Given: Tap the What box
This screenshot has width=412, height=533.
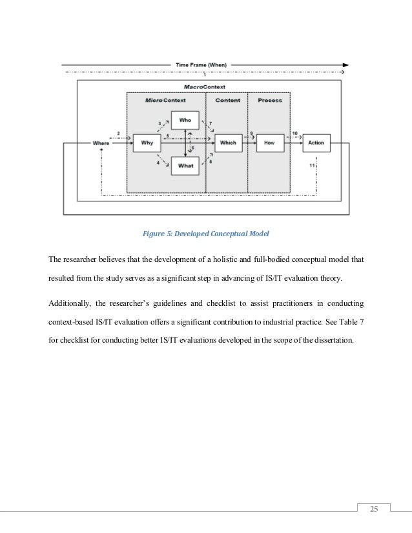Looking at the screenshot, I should [x=185, y=166].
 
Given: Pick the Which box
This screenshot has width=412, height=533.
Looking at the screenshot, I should [x=228, y=143].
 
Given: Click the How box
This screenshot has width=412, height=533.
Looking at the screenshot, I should [x=270, y=143].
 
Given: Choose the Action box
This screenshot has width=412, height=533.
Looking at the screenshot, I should [x=316, y=143].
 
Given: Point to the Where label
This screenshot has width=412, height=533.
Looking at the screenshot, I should [x=101, y=143].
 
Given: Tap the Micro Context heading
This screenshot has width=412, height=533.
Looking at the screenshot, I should [x=166, y=101].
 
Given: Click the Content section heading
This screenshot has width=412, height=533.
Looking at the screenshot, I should [x=227, y=101].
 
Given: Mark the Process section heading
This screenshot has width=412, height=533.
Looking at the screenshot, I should [x=270, y=101].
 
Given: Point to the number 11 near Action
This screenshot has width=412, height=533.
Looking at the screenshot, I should [x=312, y=166].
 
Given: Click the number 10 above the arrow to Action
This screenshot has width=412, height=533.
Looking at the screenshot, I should [x=294, y=134].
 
